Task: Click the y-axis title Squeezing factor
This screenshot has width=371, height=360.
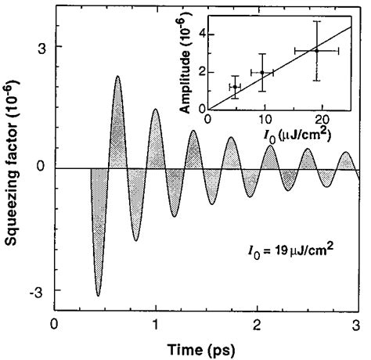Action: click(15, 168)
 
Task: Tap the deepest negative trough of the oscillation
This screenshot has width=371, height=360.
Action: click(98, 295)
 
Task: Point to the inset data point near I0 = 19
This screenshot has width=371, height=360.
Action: click(316, 50)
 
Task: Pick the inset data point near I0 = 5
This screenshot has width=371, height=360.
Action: click(235, 86)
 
